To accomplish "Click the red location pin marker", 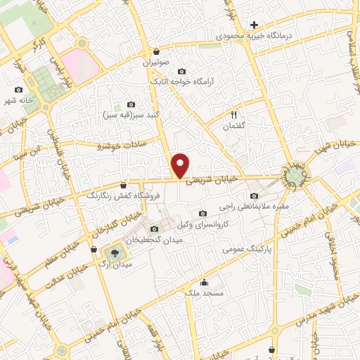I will coord(181,166).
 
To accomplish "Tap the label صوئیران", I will coord(157,63).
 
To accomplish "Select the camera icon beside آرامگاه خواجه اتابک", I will coord(182,71).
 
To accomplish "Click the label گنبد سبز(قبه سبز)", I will coord(124,115).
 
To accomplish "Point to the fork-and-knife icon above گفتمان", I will coord(235,115).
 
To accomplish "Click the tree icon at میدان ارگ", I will coord(112,253).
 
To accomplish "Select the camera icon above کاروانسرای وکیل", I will coord(203,213).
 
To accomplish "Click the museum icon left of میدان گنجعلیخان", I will coord(155,229).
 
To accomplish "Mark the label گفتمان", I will coord(235,125).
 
